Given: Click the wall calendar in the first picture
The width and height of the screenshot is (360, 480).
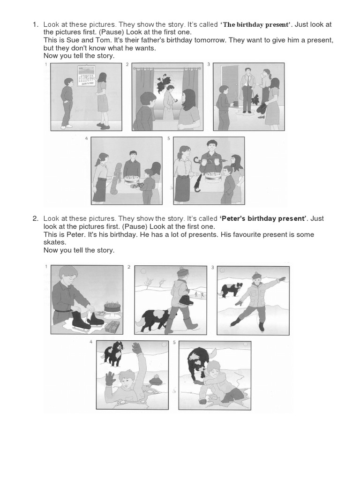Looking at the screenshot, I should point(87,75).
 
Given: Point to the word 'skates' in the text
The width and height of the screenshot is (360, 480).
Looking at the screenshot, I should point(53,242).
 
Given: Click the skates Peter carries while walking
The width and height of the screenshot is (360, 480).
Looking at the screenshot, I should point(185,300).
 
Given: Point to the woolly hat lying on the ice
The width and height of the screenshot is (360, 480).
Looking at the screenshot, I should point(156,379).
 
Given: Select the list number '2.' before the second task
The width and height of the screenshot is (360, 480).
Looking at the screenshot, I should point(35,218).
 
